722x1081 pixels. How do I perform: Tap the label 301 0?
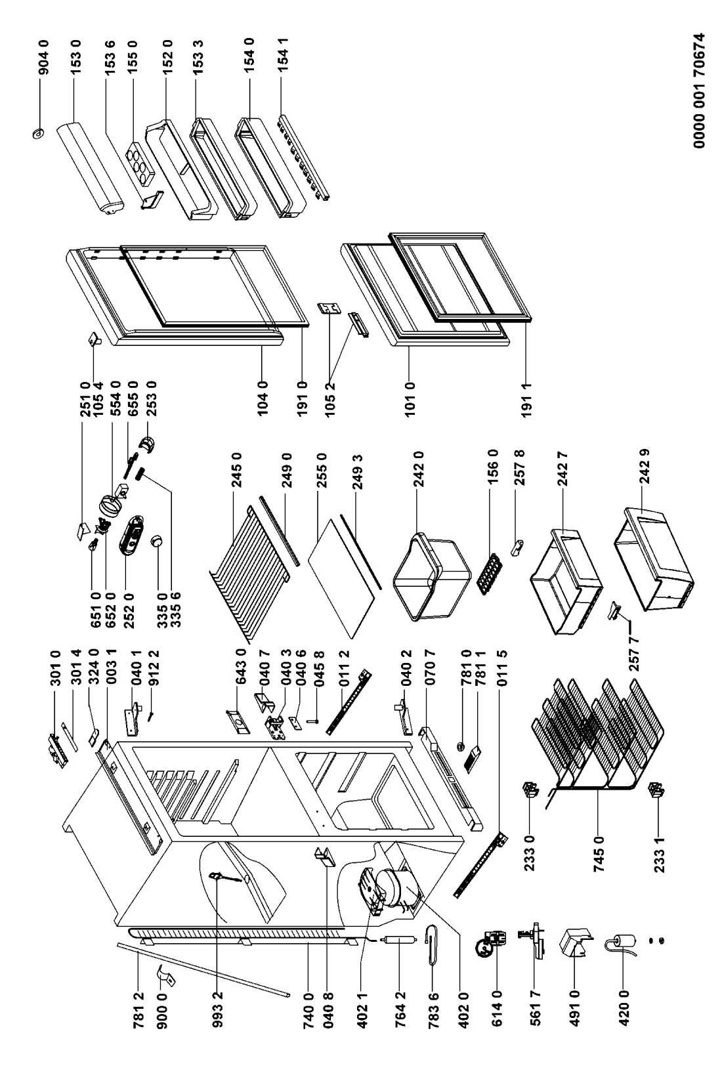[x=55, y=668]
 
